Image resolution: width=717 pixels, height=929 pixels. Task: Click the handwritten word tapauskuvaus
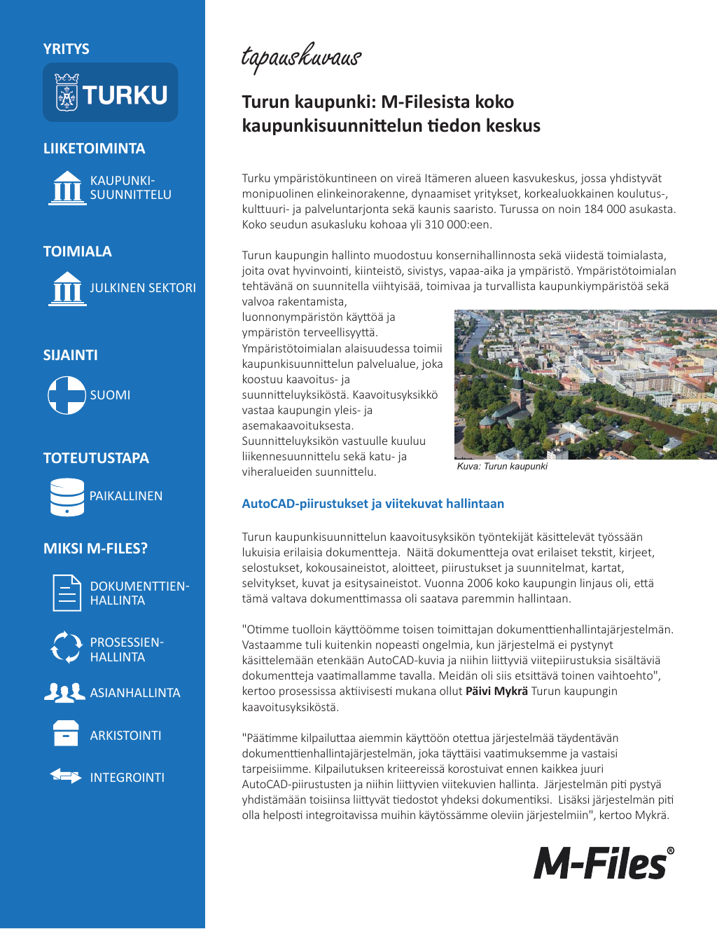click(301, 57)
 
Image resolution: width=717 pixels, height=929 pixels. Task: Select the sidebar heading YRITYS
click(67, 49)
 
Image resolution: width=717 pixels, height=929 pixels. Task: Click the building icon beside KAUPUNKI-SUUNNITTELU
click(67, 188)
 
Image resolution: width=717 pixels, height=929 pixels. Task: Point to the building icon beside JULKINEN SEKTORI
click(67, 289)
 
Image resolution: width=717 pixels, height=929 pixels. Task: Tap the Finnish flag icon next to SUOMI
click(67, 395)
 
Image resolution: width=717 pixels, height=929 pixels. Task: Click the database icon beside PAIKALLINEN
click(67, 497)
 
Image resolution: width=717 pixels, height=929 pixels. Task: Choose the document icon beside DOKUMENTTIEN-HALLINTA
click(67, 593)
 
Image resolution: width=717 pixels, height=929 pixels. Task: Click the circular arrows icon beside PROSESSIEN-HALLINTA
click(67, 647)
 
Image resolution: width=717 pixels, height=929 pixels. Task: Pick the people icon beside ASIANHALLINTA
click(64, 693)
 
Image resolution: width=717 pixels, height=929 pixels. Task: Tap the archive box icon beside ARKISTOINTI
click(66, 734)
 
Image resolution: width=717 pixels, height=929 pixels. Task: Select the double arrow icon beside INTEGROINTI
click(66, 776)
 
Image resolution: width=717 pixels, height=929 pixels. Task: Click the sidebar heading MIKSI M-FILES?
click(95, 549)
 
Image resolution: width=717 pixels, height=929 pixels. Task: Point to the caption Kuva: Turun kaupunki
click(502, 467)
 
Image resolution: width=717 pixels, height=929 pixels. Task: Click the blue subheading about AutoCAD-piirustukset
click(373, 504)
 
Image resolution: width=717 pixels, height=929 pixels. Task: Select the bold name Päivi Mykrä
click(496, 691)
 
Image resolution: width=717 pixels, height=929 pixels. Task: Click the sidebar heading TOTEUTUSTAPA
click(96, 458)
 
